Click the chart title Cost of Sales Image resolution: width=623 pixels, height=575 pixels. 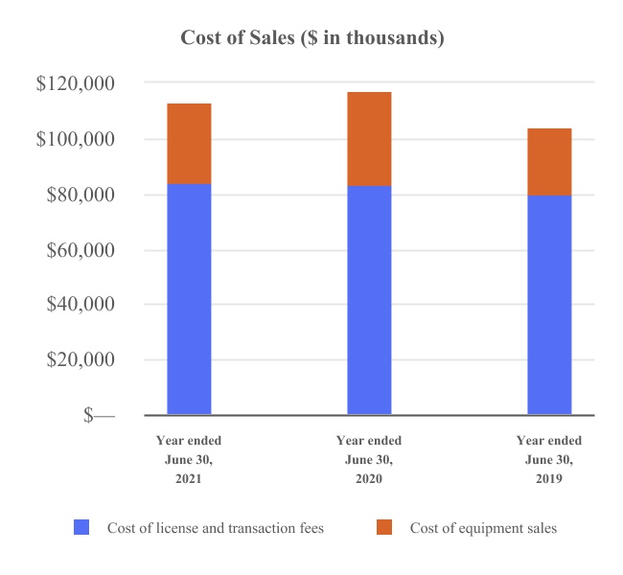point(312,38)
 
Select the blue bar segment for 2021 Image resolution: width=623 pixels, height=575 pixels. point(189,299)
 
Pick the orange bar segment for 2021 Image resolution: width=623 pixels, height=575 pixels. point(189,143)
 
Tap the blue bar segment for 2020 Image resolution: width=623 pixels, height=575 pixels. point(369,300)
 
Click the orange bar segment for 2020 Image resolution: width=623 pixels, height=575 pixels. point(369,138)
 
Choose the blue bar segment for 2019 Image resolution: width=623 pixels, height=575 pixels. point(549,305)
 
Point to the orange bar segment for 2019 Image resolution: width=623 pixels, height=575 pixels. point(549,161)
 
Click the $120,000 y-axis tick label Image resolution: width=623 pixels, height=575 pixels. point(76,84)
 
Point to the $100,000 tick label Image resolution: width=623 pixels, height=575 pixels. point(76,140)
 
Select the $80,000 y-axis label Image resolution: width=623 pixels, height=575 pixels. point(80,195)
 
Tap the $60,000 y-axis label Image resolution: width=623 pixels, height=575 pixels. point(80,250)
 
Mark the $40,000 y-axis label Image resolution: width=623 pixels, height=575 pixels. point(80,305)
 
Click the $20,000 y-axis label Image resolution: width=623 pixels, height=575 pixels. point(80,360)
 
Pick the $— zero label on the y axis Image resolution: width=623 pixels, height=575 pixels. point(99,416)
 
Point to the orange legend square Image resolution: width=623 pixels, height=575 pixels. point(384,528)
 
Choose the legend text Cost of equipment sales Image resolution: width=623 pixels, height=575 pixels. point(483,528)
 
